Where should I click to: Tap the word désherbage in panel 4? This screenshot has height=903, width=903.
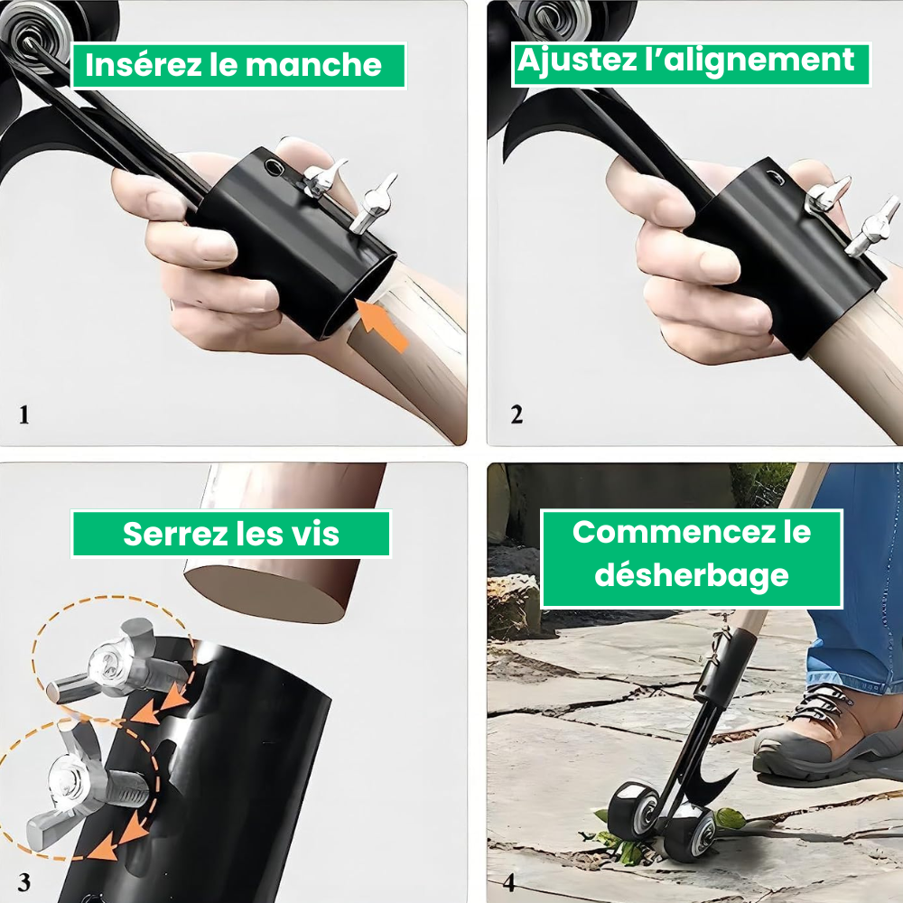[692, 574]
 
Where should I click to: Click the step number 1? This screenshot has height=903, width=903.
[24, 415]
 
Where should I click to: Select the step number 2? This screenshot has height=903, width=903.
[517, 415]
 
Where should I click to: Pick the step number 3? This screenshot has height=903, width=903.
[24, 880]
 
